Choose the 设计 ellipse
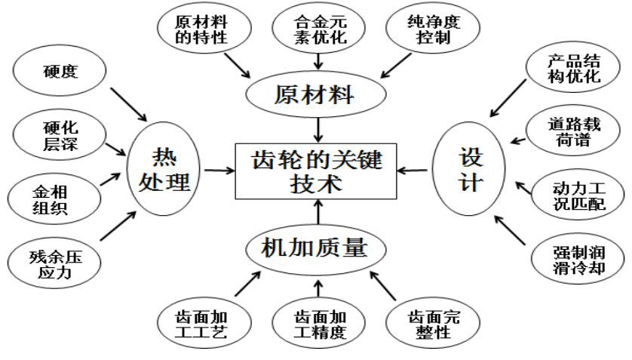pos(469,171)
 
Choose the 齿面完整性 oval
pos(433,323)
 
